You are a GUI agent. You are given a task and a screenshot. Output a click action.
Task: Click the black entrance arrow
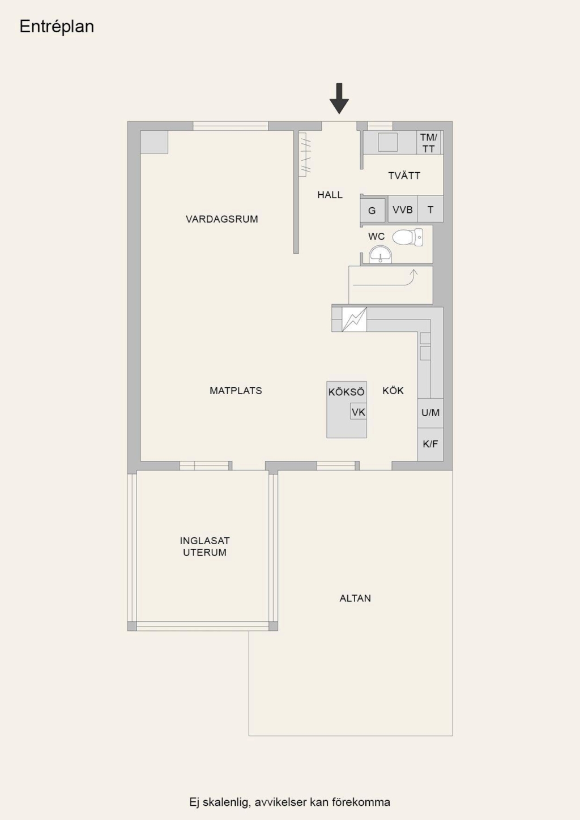point(339,99)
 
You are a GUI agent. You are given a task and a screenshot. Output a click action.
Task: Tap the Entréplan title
point(57,27)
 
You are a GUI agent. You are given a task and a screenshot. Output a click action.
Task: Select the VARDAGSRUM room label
point(222,219)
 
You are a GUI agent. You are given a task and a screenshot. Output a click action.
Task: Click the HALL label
point(330,195)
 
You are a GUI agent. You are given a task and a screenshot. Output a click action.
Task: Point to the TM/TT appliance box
point(429,143)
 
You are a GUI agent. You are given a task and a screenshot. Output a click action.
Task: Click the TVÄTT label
point(404,176)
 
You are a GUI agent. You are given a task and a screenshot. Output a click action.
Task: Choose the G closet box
point(372,210)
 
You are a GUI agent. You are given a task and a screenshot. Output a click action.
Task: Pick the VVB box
point(403,210)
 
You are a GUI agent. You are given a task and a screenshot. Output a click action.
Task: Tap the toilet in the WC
point(408,237)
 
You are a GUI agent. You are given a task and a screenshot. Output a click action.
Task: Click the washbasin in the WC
point(380,254)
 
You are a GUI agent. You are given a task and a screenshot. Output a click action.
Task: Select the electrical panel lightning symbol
point(354,319)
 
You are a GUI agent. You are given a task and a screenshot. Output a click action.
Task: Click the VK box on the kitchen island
point(359,412)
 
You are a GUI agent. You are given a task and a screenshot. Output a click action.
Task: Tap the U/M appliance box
point(430,413)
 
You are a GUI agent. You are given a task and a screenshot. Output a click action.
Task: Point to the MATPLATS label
point(236,391)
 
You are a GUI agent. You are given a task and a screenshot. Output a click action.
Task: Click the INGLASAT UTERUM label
point(204,546)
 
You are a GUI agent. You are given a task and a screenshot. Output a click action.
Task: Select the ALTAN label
point(355,598)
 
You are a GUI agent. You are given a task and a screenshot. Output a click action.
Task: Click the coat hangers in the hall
point(305,155)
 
